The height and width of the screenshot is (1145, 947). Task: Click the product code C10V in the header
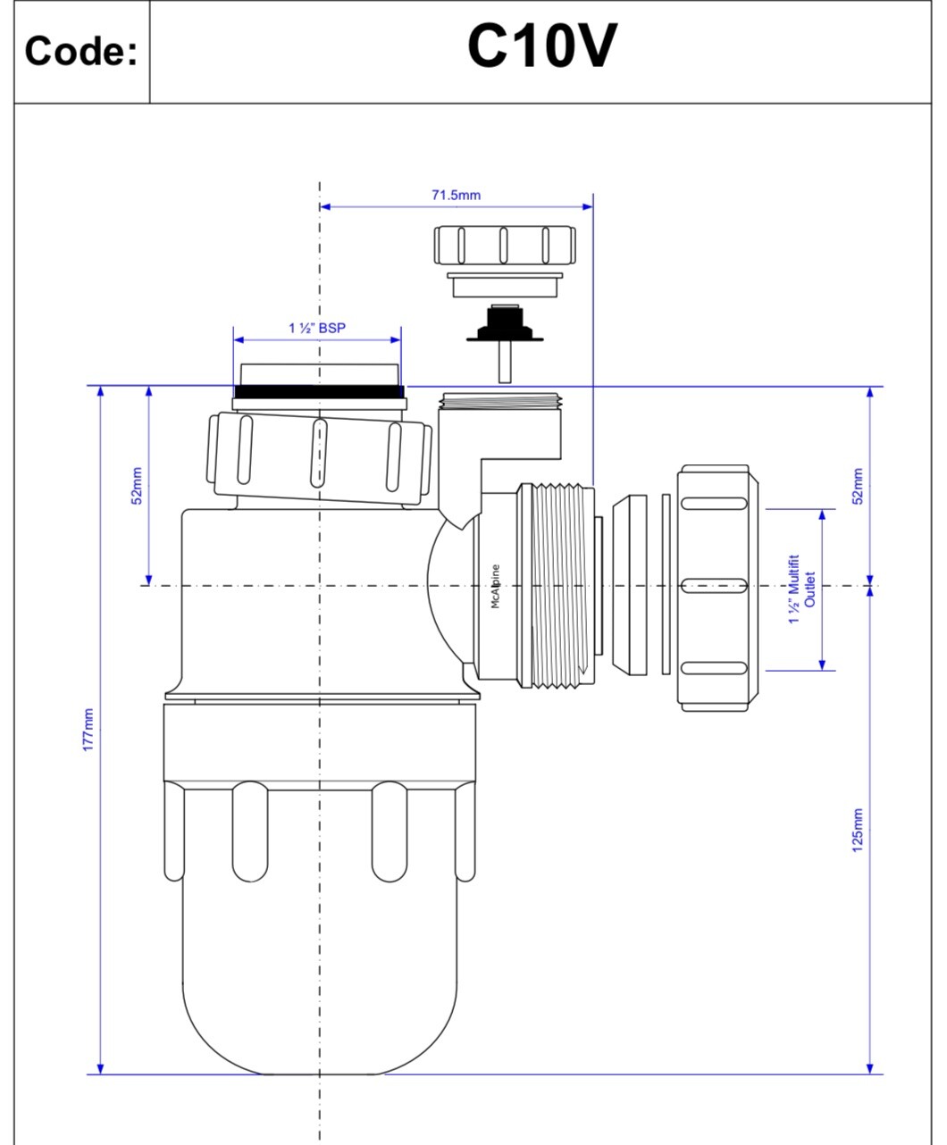tap(541, 48)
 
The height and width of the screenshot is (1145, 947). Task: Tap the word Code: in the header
tap(81, 52)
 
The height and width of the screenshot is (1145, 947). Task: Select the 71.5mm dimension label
tap(456, 196)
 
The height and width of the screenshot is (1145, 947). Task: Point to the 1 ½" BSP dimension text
tap(316, 329)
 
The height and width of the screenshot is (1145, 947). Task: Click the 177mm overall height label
tap(88, 730)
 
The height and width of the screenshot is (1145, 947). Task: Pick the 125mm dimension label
tap(858, 831)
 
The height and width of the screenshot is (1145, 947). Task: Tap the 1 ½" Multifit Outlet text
tap(801, 589)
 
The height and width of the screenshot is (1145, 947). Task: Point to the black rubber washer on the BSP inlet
tap(319, 391)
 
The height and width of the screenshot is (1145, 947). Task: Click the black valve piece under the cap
tap(504, 327)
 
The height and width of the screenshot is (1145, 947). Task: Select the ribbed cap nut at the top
tap(505, 245)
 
